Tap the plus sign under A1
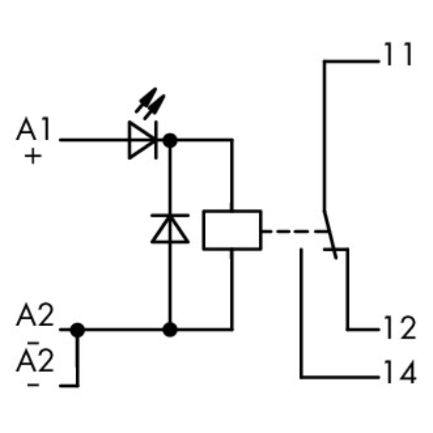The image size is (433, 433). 33,156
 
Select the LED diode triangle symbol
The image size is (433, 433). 141,140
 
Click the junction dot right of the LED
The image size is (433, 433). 170,140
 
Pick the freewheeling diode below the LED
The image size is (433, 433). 170,227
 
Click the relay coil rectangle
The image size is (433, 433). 232,230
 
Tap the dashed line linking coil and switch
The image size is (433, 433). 292,232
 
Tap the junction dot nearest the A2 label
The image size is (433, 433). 77,330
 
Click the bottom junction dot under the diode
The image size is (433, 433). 170,330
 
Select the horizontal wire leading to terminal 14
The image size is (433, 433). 341,378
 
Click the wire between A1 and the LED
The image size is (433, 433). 92,140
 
